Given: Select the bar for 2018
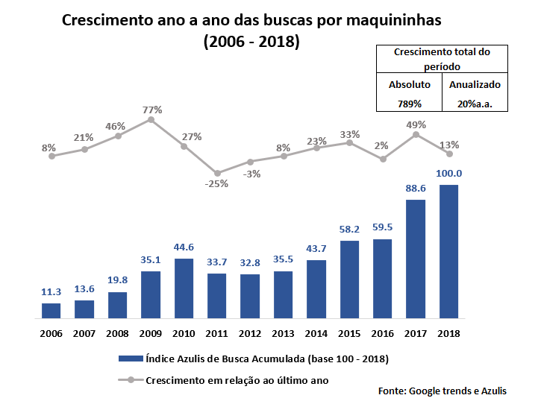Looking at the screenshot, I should [448, 251].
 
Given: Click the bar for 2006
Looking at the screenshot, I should [51, 310].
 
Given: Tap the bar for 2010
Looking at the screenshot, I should [184, 288].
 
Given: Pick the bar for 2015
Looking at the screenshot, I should [349, 279].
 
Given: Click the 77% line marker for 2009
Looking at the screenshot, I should [151, 119].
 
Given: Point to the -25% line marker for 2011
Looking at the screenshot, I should [217, 173].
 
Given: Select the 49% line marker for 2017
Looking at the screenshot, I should [416, 134].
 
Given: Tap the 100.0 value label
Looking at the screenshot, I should [448, 174].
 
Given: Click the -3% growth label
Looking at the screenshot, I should [251, 174].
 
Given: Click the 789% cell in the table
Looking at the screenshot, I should [410, 104].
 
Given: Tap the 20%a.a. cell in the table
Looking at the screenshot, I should [475, 104].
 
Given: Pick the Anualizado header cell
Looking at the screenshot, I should [475, 84].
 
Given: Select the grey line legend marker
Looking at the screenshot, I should [131, 379].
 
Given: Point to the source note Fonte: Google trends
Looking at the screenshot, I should [442, 391].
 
